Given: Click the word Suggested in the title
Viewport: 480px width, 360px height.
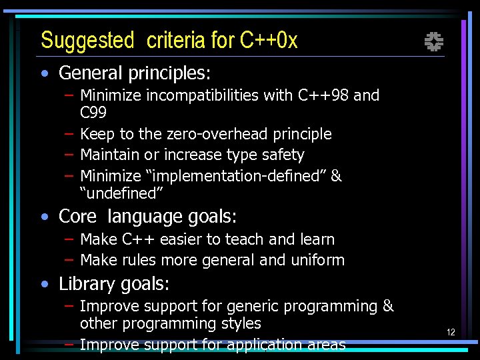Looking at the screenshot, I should (87, 41).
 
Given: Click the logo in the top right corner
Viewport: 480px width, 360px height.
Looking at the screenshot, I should (434, 43).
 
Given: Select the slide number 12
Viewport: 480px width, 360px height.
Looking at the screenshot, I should (451, 332).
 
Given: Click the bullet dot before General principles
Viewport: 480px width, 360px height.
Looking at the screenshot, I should (45, 73).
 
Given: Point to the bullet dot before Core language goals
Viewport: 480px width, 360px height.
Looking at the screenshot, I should (45, 217).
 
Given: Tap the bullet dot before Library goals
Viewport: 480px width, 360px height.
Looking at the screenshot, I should (45, 285).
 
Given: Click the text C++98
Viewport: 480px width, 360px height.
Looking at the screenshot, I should (323, 95).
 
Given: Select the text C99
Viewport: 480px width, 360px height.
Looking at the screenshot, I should (93, 113).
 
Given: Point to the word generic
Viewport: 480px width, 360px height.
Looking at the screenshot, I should (252, 307).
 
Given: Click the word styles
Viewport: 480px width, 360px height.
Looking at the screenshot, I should (241, 324).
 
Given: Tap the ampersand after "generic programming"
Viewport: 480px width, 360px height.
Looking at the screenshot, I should (388, 307).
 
